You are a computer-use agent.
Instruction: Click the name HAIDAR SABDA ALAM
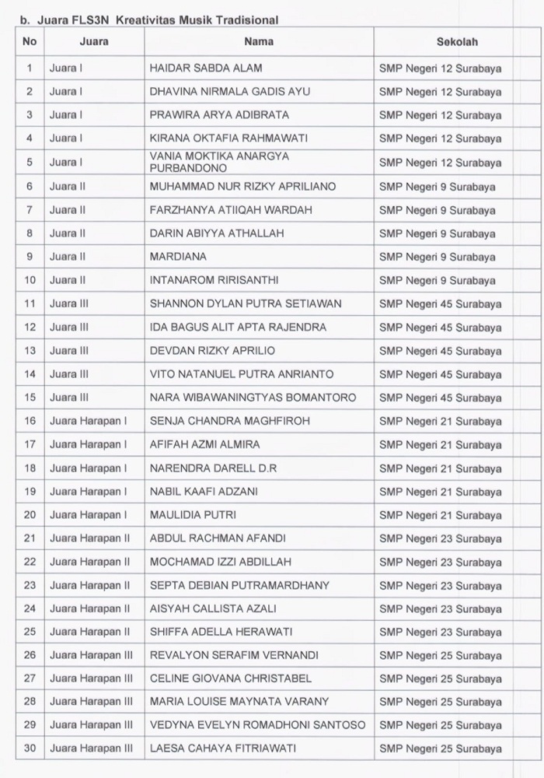205,68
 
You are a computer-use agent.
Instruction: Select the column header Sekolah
457,42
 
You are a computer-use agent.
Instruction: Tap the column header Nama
258,42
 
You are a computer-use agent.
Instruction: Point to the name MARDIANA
178,256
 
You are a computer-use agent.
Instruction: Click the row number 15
30,398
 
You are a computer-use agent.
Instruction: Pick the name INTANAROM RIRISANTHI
214,279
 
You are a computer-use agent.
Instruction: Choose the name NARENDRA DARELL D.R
213,468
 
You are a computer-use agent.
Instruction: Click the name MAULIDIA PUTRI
193,515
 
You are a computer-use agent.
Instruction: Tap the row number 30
30,748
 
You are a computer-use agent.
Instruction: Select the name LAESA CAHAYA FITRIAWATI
223,748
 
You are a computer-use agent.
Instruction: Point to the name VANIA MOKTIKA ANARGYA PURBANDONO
219,162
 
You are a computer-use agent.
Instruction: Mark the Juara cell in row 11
69,303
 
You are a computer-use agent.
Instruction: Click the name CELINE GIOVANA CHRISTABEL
230,678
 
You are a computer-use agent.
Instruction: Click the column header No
30,42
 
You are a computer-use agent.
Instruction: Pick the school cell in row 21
440,538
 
